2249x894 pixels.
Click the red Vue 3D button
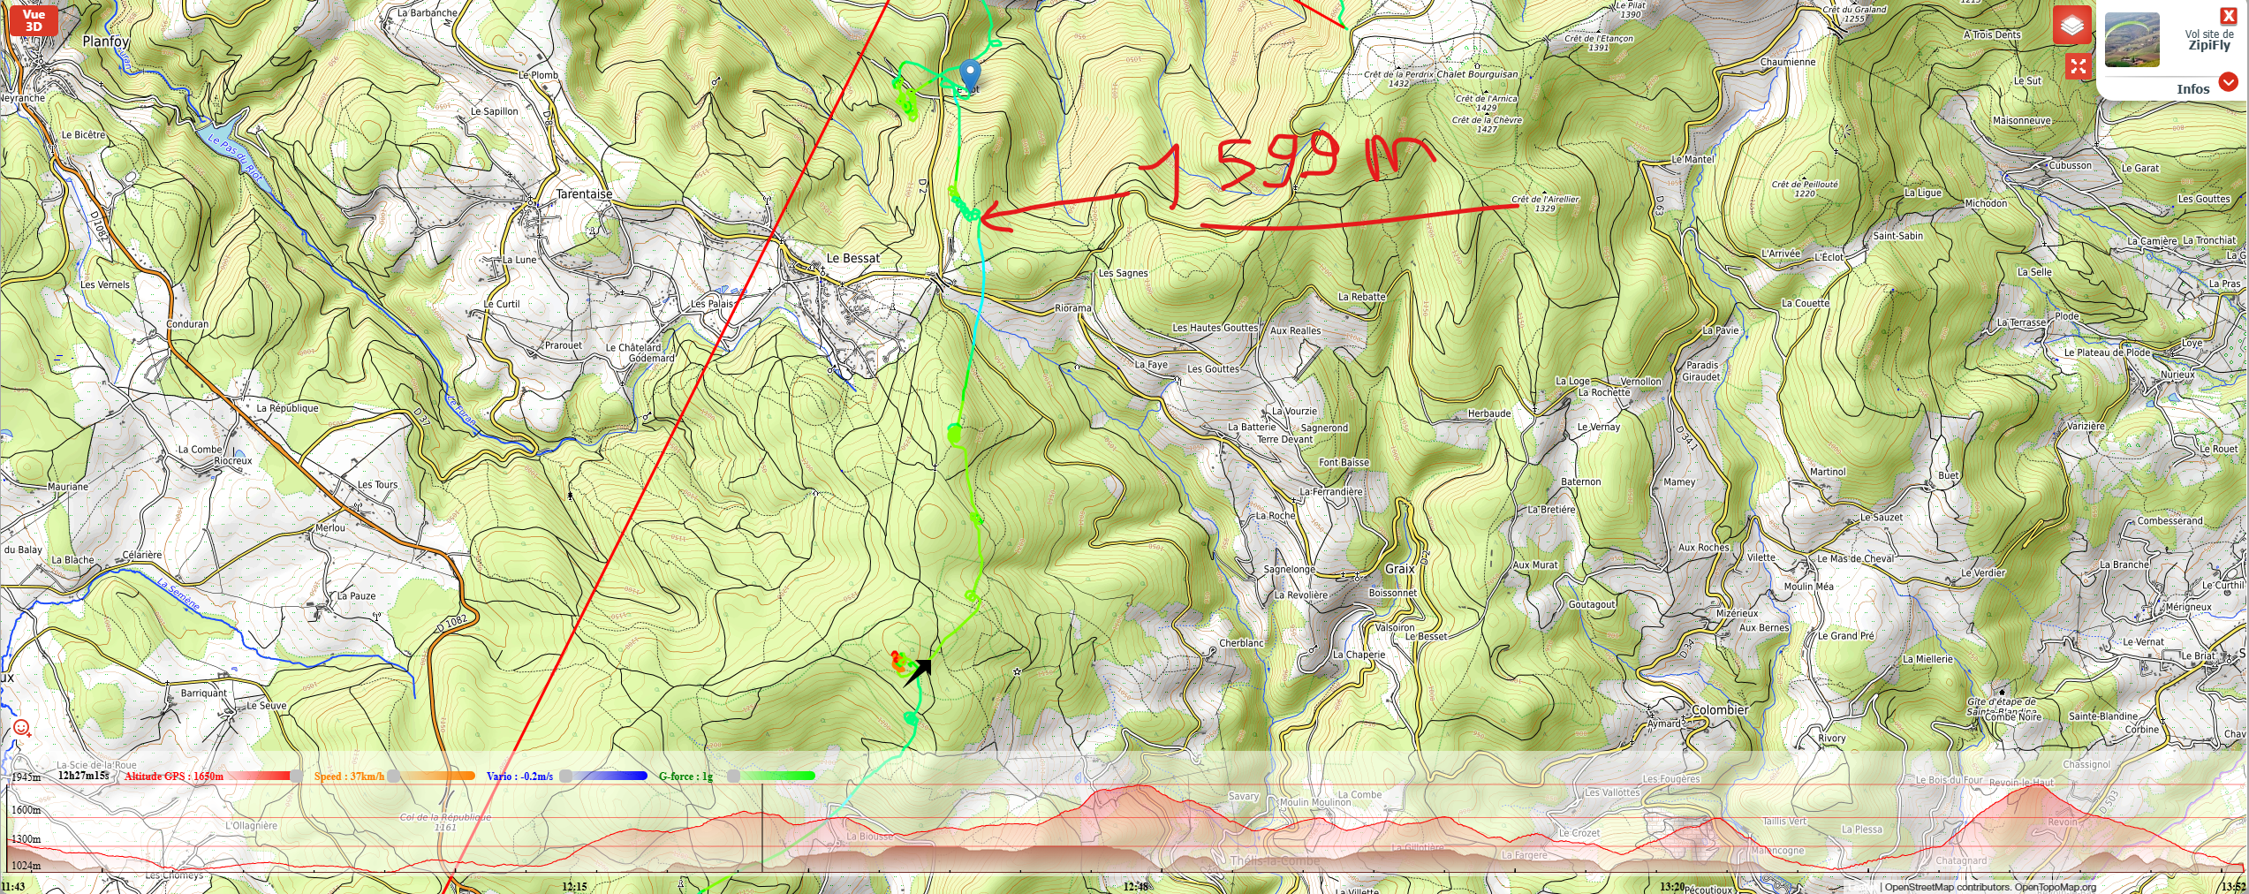(34, 20)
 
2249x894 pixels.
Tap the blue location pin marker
(970, 73)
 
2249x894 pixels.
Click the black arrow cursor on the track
(918, 671)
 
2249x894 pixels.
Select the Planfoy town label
(106, 42)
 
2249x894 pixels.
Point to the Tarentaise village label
(584, 194)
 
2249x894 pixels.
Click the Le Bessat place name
(852, 258)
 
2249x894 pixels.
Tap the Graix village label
(1400, 569)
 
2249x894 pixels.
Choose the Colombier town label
(1719, 709)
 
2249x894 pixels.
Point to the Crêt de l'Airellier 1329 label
(1545, 204)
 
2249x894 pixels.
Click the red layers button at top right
(2072, 26)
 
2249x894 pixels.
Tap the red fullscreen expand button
(2078, 66)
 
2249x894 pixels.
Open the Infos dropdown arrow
(2229, 82)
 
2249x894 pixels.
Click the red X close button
(2229, 16)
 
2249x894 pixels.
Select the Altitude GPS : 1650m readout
(174, 777)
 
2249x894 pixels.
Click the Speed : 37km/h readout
(349, 777)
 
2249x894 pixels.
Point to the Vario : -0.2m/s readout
(519, 777)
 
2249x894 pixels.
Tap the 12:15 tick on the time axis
(574, 886)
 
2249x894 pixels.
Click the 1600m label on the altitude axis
(26, 810)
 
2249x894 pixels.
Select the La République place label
(287, 408)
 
